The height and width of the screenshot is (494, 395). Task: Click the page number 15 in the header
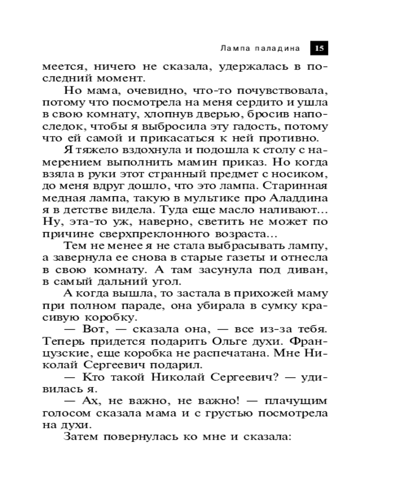[319, 48]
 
